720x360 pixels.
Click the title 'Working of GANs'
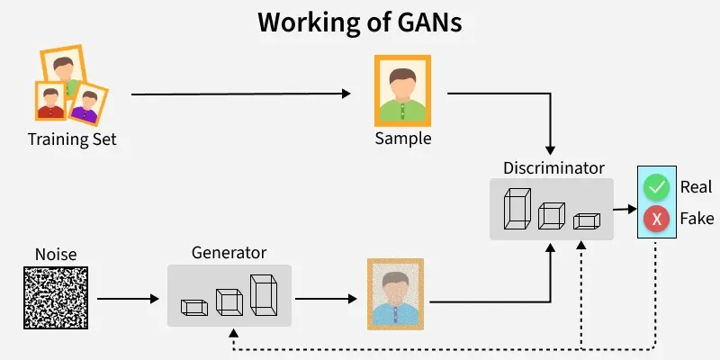click(x=360, y=22)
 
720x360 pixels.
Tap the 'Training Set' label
click(x=72, y=139)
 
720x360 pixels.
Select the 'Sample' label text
click(x=403, y=139)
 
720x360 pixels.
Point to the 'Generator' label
click(x=229, y=252)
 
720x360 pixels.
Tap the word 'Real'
click(x=696, y=187)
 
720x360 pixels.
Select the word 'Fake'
click(x=696, y=219)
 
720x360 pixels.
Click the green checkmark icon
click(x=657, y=187)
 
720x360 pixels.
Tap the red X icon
click(x=657, y=219)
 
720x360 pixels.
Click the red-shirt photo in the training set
click(x=51, y=101)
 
